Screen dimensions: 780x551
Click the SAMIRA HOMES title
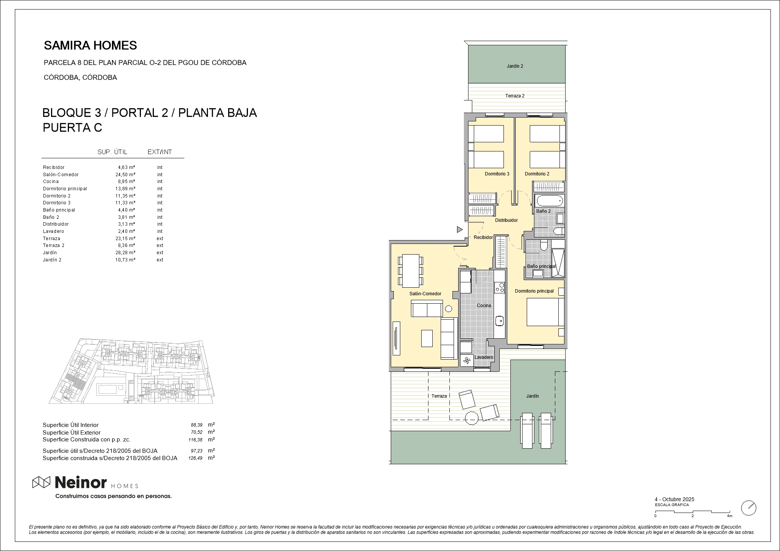[x=90, y=46]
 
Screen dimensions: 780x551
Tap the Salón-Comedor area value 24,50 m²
[x=126, y=175]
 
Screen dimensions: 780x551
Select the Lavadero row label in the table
[x=53, y=231]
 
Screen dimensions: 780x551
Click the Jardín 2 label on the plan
[x=515, y=66]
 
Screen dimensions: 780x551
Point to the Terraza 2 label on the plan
[x=515, y=96]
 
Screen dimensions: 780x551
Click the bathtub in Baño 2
[x=549, y=200]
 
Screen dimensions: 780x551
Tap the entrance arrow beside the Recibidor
[x=460, y=229]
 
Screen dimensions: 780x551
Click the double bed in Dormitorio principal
[x=545, y=312]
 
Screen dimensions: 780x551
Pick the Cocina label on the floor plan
[x=484, y=306]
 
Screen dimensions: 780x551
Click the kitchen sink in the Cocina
[x=500, y=321]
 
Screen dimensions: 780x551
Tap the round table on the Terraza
[x=472, y=418]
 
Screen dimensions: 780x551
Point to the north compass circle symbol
[x=749, y=508]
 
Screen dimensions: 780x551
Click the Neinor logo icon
[x=41, y=483]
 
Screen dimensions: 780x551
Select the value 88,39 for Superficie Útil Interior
[x=197, y=425]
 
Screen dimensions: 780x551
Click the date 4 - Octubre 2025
[x=675, y=499]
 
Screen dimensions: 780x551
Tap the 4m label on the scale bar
[x=729, y=516]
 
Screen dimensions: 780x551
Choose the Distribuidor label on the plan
[x=506, y=220]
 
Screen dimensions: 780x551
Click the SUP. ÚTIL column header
[x=112, y=152]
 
